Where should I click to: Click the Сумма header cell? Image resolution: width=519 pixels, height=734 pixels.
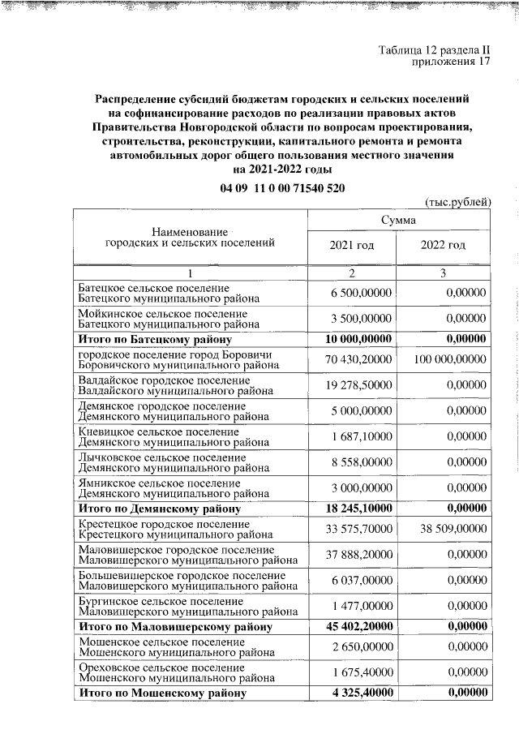pos(398,221)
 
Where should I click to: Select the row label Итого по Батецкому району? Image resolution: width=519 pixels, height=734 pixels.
pos(155,339)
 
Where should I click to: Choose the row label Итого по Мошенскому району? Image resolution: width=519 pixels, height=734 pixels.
pos(161,693)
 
